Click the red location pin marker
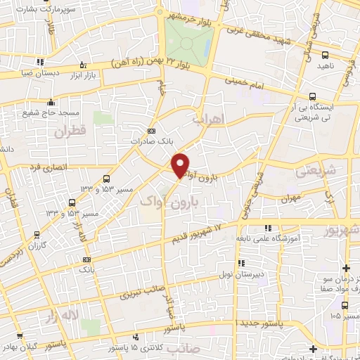181,165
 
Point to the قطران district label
69,131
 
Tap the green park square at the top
188,42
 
